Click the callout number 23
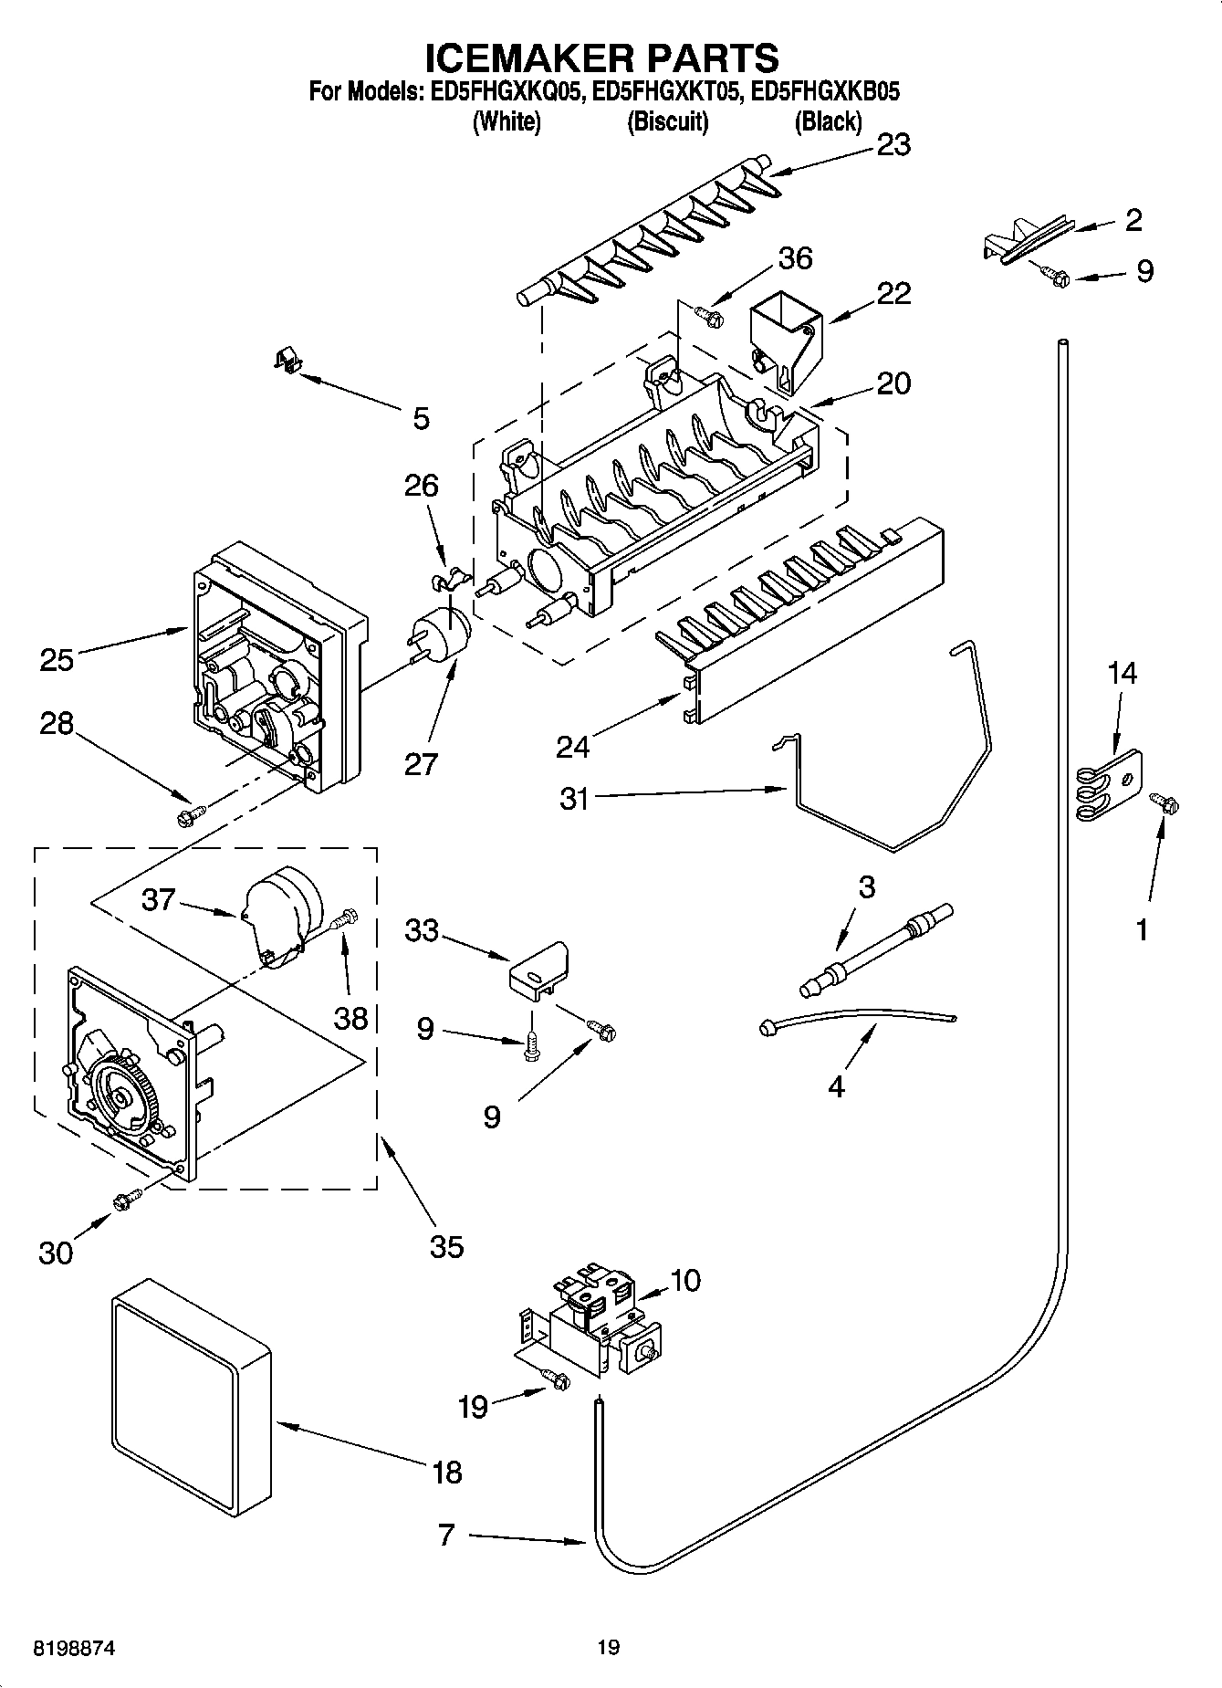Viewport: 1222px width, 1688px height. [x=893, y=145]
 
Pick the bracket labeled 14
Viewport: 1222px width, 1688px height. [x=1105, y=783]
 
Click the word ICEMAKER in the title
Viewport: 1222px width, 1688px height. [x=517, y=58]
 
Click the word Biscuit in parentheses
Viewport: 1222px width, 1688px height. [x=668, y=121]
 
